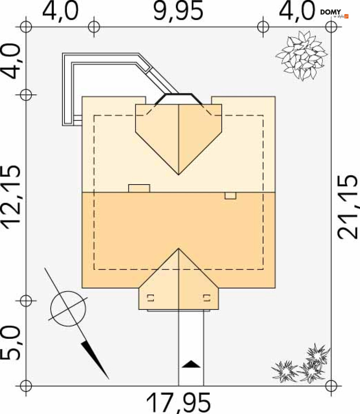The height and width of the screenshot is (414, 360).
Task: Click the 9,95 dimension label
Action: [178, 12]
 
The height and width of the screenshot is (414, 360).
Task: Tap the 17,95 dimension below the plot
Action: [178, 402]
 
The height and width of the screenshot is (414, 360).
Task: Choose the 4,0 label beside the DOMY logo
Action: [296, 12]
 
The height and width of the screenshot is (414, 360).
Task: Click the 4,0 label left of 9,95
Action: [60, 12]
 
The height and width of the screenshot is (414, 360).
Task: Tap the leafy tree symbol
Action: [301, 55]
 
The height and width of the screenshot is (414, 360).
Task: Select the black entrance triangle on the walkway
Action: [191, 364]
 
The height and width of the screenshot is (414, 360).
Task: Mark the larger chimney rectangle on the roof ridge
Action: [139, 188]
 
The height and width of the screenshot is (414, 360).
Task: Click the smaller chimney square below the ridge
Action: [230, 195]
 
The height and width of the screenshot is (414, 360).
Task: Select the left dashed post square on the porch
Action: [151, 298]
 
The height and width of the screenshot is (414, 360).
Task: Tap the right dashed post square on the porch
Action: [207, 298]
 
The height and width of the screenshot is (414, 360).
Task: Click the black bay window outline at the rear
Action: [178, 96]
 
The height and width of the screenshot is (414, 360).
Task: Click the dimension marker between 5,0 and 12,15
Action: [26, 300]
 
